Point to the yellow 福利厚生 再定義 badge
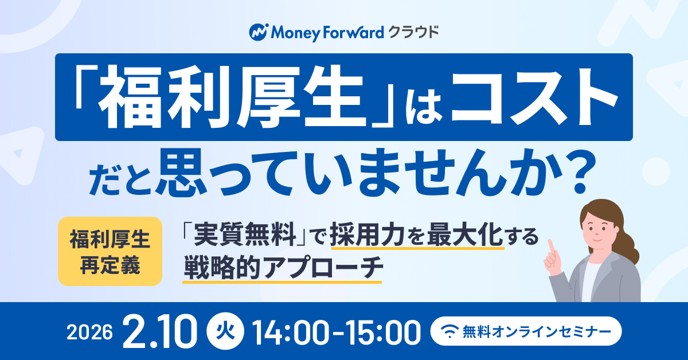point(110,251)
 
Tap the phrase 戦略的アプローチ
point(282,268)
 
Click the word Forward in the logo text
point(352,32)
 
